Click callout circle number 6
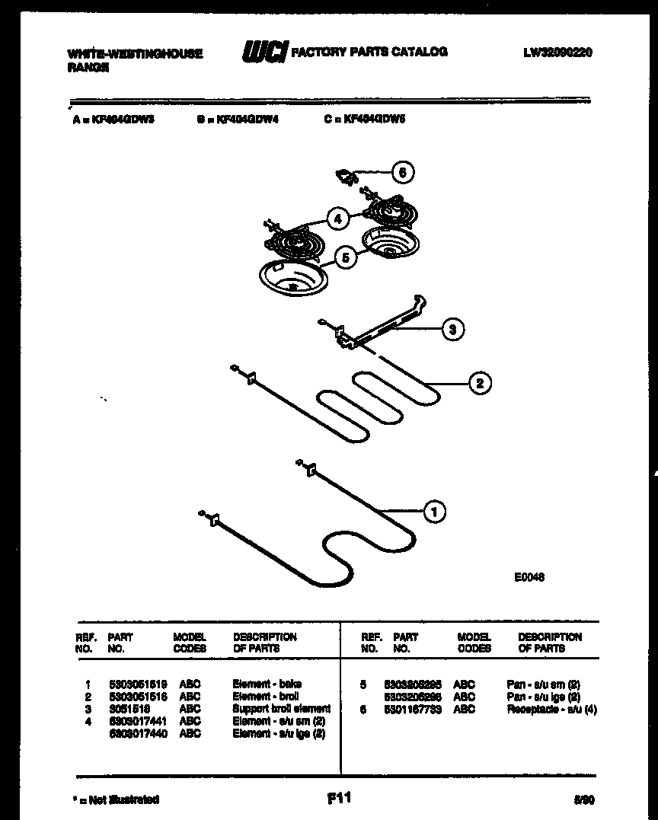pyautogui.click(x=403, y=173)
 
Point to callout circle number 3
pyautogui.click(x=452, y=330)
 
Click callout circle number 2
pyautogui.click(x=480, y=383)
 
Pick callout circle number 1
pyautogui.click(x=434, y=512)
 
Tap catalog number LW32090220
pyautogui.click(x=557, y=53)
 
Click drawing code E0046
pyautogui.click(x=529, y=577)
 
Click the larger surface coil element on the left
pyautogui.click(x=293, y=243)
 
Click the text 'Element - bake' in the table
pyautogui.click(x=267, y=684)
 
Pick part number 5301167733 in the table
pyautogui.click(x=413, y=709)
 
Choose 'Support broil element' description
pyautogui.click(x=281, y=708)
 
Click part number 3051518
pyautogui.click(x=129, y=708)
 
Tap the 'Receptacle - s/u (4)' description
pyautogui.click(x=552, y=709)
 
